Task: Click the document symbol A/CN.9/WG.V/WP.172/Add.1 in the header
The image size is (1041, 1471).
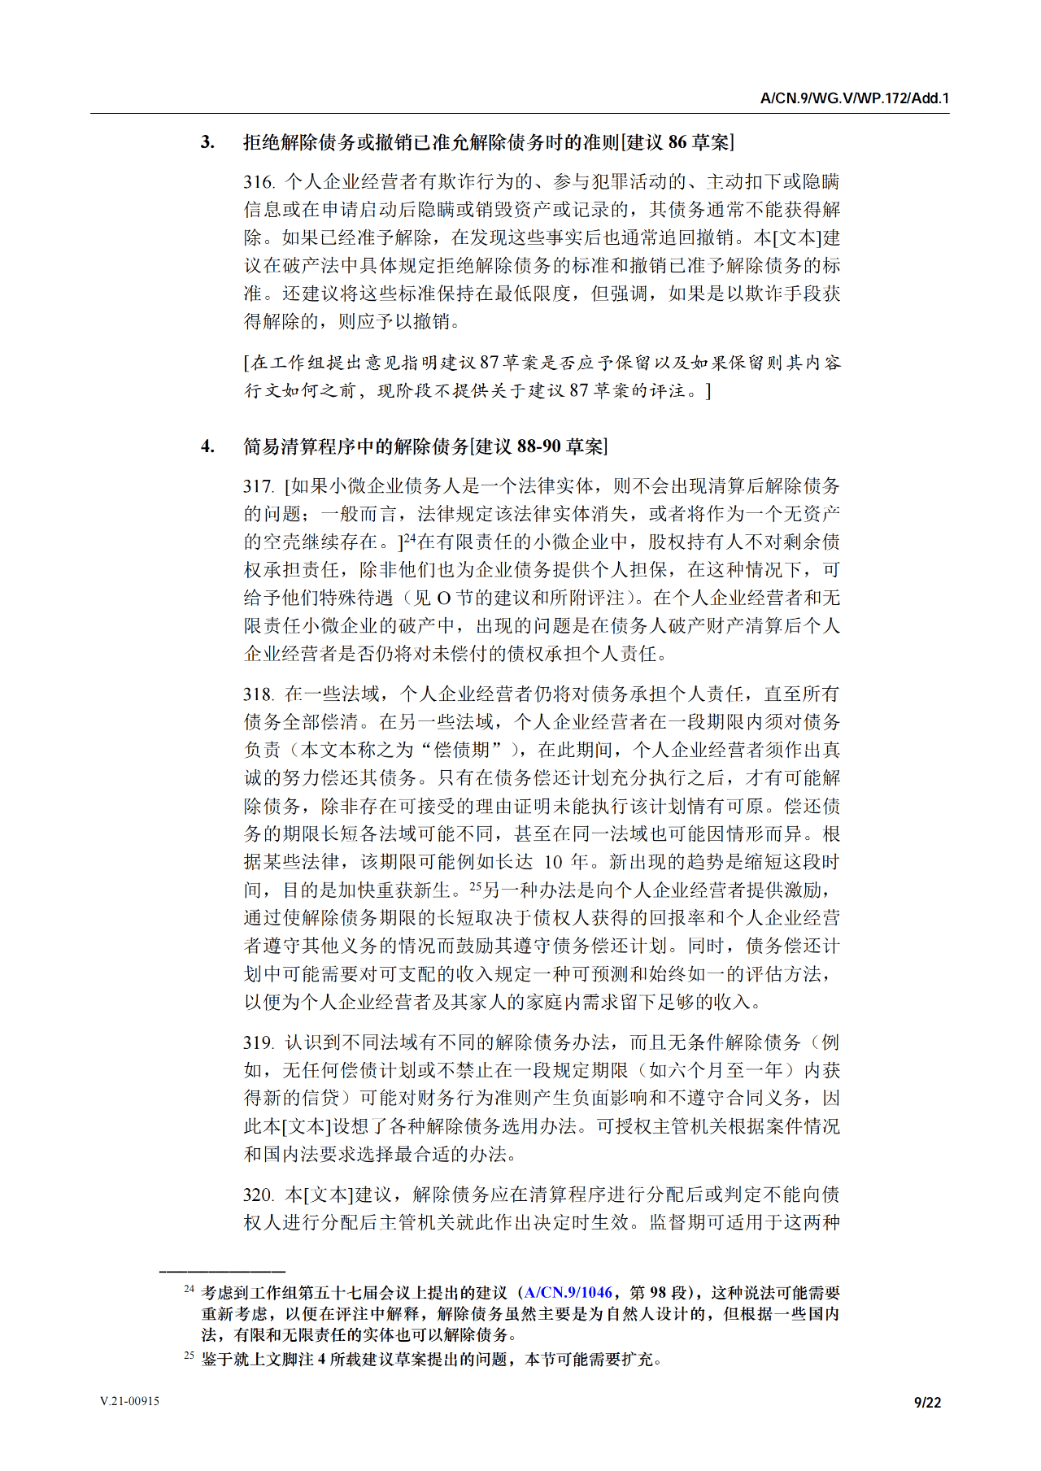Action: point(854,98)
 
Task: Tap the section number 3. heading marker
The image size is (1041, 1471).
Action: point(207,142)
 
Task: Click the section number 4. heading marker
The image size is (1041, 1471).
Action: point(207,446)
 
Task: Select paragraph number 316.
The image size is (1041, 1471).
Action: point(259,182)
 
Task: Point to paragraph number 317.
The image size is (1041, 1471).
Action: point(259,486)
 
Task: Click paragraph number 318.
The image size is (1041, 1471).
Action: point(259,694)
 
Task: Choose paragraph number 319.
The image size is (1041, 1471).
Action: point(259,1043)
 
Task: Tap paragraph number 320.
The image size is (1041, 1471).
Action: point(259,1195)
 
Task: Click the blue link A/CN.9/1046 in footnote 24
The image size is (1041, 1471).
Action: point(568,1293)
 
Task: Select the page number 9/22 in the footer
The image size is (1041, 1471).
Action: point(927,1402)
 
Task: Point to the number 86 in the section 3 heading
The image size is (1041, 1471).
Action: point(677,142)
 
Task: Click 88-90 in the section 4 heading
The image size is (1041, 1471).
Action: point(539,446)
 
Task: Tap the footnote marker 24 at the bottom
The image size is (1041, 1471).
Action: point(189,1290)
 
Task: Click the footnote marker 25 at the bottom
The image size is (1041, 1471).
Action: point(189,1356)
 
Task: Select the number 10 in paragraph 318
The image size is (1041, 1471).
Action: point(553,863)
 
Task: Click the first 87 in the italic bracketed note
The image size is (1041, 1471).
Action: point(489,363)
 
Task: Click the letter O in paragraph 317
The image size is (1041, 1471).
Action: point(443,598)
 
